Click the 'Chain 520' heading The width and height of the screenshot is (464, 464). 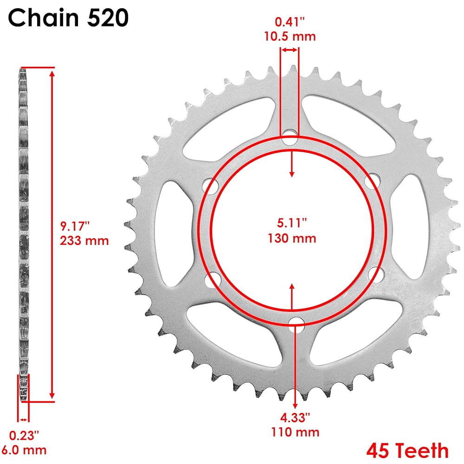point(68,18)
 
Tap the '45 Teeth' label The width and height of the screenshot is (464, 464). point(407,451)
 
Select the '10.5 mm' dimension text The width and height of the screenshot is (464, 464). point(290,36)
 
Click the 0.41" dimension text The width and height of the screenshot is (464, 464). point(290,22)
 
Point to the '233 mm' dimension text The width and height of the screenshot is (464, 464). point(84,240)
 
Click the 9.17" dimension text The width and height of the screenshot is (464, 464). point(75,226)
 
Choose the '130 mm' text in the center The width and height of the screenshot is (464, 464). point(292,238)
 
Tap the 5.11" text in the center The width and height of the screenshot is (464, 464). point(292,223)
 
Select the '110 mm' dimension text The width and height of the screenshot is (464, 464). point(295,432)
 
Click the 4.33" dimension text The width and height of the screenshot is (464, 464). point(295,418)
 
